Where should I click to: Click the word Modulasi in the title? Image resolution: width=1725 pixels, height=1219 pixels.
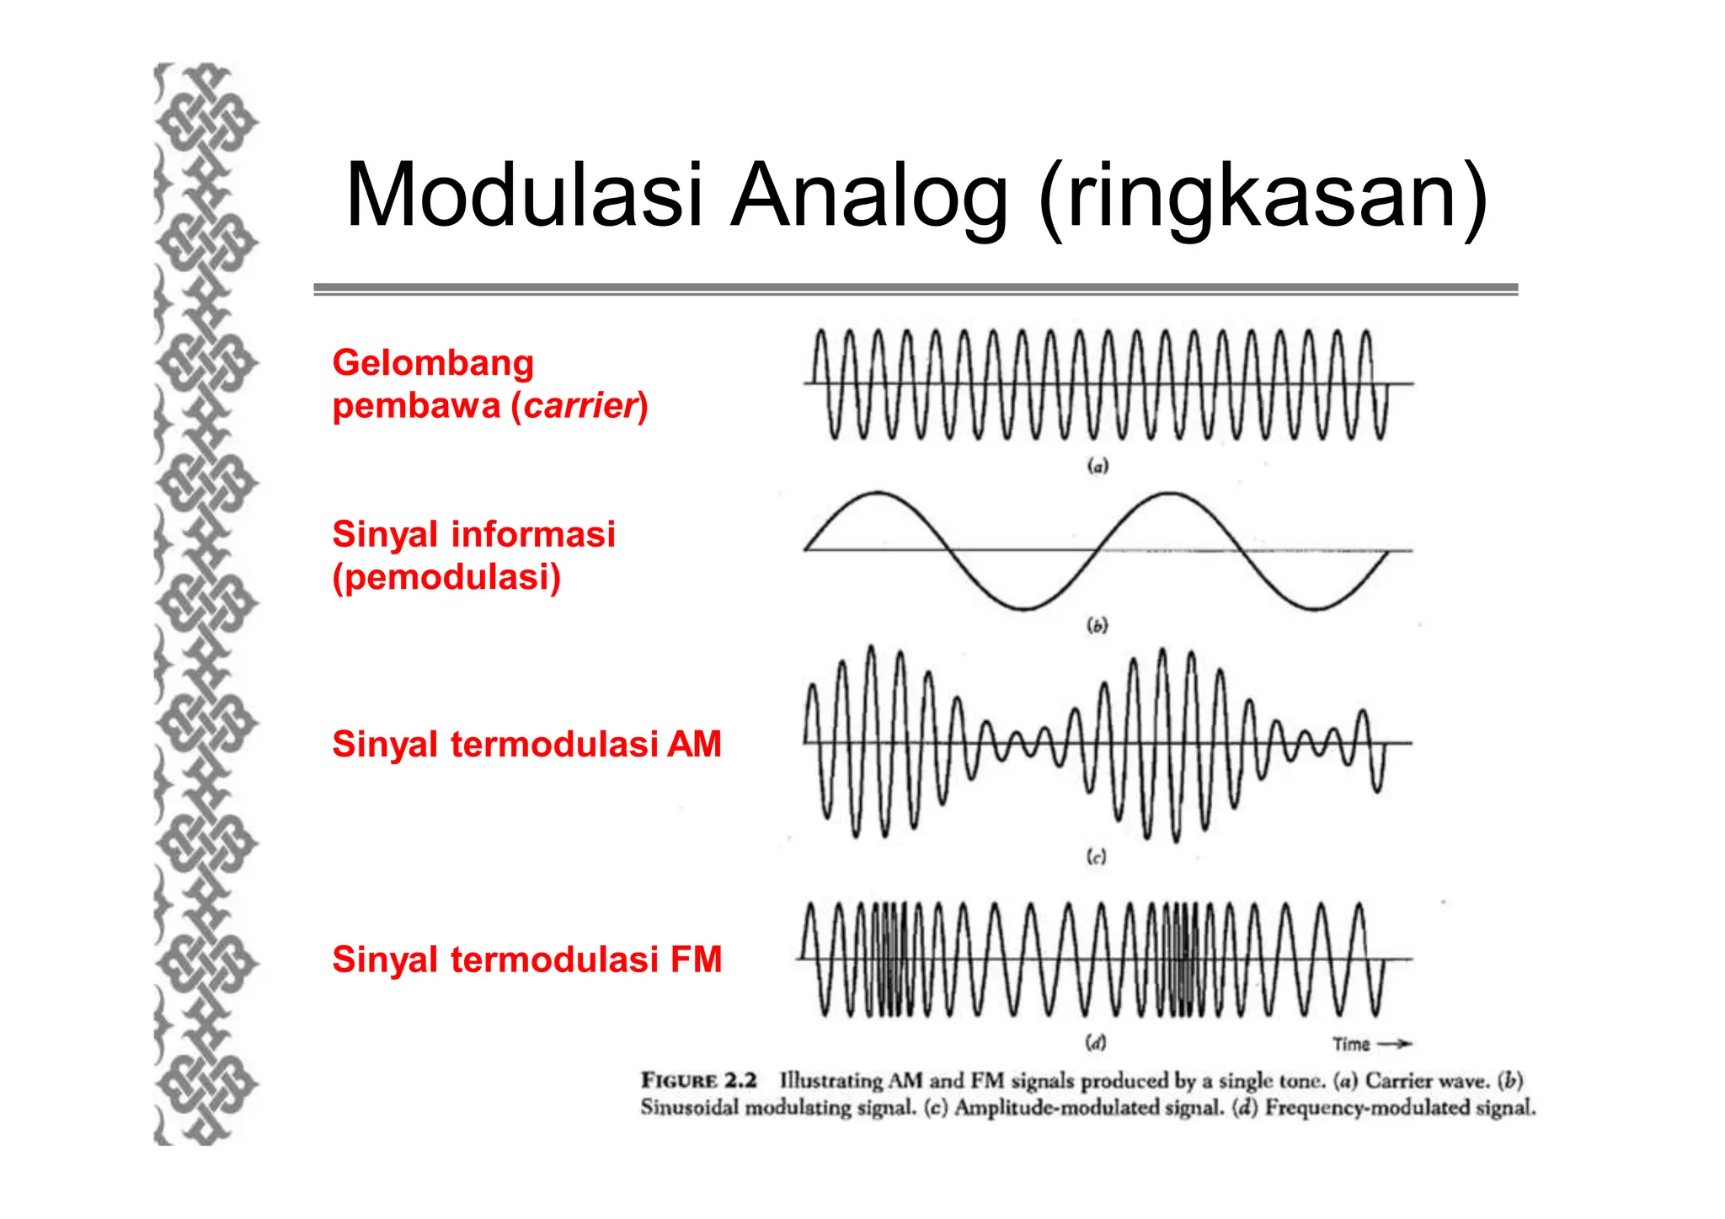pyautogui.click(x=523, y=195)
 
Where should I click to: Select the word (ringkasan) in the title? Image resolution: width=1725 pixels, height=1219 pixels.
pyautogui.click(x=1263, y=197)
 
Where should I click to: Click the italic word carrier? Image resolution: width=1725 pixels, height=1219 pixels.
pyautogui.click(x=579, y=406)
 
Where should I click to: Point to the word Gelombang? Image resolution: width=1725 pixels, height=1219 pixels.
pyautogui.click(x=433, y=363)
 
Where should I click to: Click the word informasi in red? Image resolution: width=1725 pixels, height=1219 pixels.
pyautogui.click(x=533, y=534)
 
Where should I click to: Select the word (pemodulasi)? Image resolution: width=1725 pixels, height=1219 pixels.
pyautogui.click(x=446, y=578)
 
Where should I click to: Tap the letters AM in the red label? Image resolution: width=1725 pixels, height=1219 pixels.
pyautogui.click(x=694, y=745)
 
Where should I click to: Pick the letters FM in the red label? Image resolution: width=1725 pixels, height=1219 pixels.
pyautogui.click(x=696, y=960)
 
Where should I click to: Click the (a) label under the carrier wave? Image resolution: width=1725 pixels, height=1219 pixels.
pyautogui.click(x=1097, y=465)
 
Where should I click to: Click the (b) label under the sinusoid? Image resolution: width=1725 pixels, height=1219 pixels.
pyautogui.click(x=1097, y=625)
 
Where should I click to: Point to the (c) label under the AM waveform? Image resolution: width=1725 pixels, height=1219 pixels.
pyautogui.click(x=1096, y=857)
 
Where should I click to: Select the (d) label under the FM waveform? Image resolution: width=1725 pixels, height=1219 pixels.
pyautogui.click(x=1095, y=1043)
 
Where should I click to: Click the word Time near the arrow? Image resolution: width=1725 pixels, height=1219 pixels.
pyautogui.click(x=1351, y=1045)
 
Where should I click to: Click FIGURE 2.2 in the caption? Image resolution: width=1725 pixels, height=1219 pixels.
pyautogui.click(x=698, y=1080)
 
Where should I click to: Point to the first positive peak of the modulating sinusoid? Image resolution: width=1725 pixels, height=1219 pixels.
pyautogui.click(x=878, y=493)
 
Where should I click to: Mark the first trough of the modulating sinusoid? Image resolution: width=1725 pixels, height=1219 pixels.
pyautogui.click(x=1023, y=608)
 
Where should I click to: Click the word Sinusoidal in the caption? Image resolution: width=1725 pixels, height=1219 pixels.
pyautogui.click(x=691, y=1108)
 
